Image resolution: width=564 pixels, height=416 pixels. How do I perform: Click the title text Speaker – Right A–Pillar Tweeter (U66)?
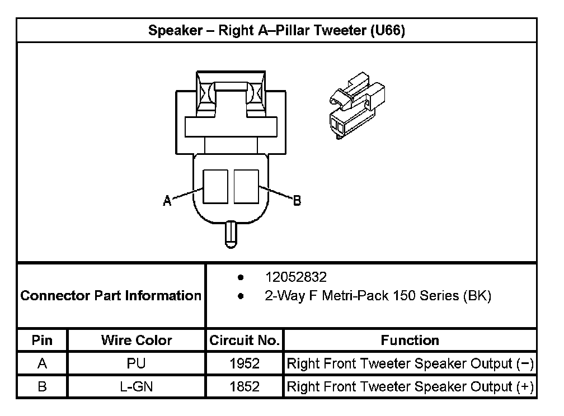point(276,30)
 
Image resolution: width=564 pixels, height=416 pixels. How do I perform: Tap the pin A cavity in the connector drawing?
point(215,186)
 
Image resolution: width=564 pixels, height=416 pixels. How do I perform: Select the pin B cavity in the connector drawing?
point(246,186)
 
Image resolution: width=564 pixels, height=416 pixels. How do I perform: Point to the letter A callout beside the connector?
point(167,200)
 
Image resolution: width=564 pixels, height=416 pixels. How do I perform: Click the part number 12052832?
point(295,277)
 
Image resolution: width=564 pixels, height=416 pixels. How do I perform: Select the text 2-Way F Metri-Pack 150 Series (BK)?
point(378,296)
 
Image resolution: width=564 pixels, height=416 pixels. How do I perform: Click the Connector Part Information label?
point(111,295)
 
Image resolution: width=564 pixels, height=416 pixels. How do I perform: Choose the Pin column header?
point(42,340)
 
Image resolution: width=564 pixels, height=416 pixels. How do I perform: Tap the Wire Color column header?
point(137,340)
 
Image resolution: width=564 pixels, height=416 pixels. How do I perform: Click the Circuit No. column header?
point(245,340)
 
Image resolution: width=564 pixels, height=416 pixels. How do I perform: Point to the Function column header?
point(410,340)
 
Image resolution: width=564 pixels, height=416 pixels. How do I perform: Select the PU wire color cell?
point(137,363)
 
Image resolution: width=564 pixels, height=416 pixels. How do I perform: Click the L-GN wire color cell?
point(137,386)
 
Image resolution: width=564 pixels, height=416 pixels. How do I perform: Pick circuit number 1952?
point(245,363)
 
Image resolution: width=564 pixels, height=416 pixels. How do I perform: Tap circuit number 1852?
point(245,386)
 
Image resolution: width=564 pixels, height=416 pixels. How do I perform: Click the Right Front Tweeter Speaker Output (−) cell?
point(410,363)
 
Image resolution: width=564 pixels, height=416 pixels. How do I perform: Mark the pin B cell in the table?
point(42,386)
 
